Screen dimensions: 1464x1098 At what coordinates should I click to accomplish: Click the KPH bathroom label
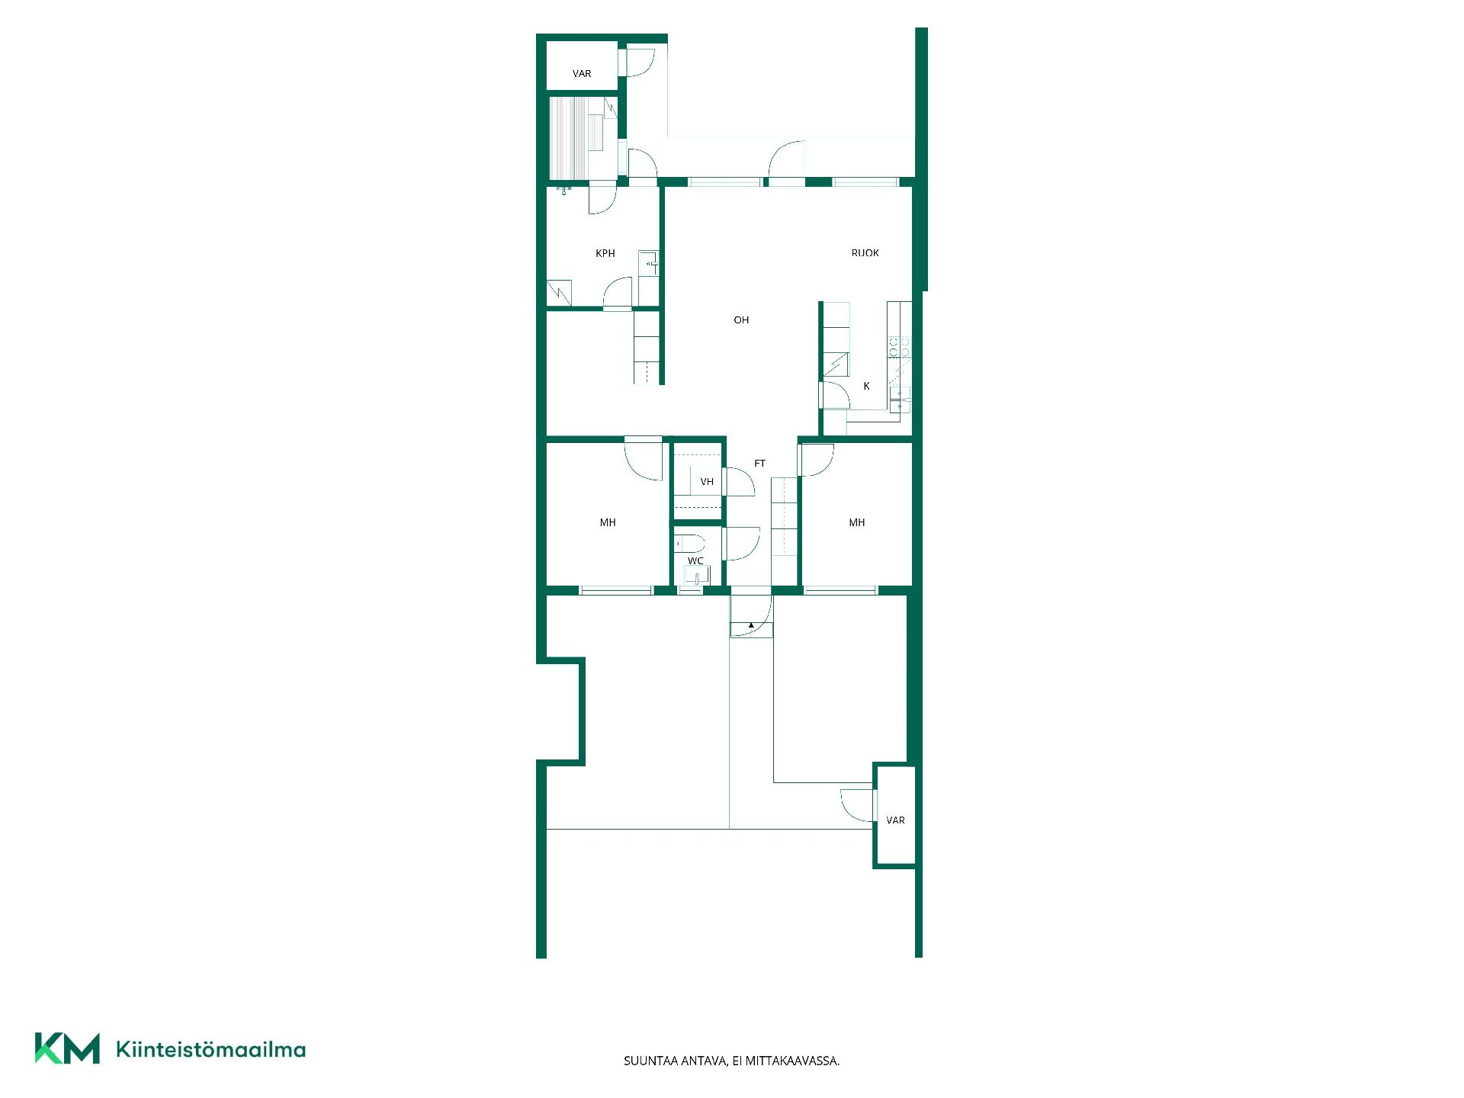(605, 253)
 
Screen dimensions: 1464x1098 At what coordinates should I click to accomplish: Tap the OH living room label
(741, 320)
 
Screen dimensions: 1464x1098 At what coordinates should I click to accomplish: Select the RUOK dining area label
(865, 252)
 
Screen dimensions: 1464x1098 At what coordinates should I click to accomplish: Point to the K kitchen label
(866, 386)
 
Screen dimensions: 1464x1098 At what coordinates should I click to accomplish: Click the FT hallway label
(759, 464)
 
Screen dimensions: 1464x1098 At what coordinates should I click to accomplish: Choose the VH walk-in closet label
(707, 482)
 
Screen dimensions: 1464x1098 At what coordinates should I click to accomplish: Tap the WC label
(695, 561)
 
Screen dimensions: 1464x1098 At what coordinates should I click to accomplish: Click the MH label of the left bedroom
(608, 522)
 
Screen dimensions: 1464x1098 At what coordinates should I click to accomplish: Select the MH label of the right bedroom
(857, 522)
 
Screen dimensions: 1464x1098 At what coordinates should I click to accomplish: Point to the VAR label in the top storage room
(582, 74)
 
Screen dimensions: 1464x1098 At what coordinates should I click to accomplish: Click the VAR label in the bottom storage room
(895, 820)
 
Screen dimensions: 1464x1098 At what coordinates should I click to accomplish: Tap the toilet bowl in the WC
(689, 544)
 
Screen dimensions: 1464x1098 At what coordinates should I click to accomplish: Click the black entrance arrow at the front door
(751, 625)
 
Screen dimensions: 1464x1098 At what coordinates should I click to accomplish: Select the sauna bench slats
(568, 138)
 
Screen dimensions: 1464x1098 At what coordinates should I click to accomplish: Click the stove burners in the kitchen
(899, 348)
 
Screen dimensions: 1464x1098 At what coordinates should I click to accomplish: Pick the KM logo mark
(67, 1048)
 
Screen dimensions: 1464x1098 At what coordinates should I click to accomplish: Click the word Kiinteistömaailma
(210, 1049)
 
